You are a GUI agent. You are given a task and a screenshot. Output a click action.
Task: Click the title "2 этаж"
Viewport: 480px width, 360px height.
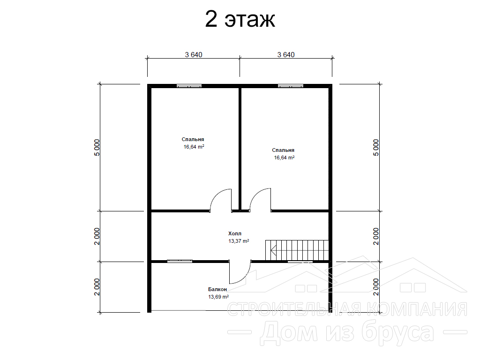pos(240,19)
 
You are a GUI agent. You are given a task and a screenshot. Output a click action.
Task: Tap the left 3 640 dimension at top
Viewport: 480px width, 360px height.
pos(194,55)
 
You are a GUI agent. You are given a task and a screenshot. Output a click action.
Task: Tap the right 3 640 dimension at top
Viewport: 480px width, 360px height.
pos(286,55)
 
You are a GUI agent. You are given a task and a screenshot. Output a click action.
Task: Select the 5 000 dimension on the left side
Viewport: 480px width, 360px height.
pos(97,148)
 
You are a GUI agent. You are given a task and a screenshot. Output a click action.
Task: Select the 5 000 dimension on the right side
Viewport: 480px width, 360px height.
pos(376,148)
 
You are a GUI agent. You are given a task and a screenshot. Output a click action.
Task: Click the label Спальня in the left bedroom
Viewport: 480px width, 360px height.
pos(193,140)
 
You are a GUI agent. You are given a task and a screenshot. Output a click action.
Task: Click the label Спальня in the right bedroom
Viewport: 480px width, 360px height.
pos(283,150)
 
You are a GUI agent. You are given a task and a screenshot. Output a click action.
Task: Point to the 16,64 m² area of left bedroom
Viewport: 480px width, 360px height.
pos(194,147)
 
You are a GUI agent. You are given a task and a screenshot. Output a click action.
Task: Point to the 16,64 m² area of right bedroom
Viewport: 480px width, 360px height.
pos(284,157)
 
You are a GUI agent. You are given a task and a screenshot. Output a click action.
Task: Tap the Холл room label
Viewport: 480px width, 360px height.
pos(235,233)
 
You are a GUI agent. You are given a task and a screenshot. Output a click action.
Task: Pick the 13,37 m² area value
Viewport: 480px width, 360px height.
pos(239,241)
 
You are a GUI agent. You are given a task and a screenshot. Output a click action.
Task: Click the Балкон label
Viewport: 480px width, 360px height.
pos(217,289)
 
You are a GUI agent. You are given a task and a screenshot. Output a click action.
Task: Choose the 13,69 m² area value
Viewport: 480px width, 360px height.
pos(218,297)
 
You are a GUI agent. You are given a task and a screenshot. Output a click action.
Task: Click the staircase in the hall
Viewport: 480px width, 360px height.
pos(297,250)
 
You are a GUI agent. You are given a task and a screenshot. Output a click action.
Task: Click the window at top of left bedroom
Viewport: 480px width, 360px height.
pos(189,86)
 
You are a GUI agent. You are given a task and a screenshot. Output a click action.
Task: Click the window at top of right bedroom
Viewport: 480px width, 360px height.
pos(291,86)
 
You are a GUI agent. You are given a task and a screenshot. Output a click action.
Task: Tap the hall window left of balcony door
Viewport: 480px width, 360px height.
pos(180,261)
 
